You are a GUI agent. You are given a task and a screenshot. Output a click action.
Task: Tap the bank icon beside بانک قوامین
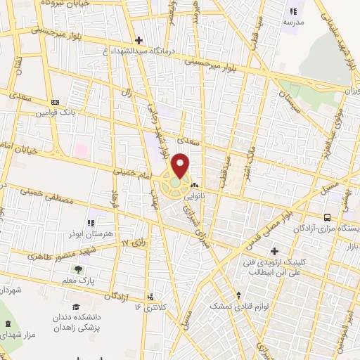56,102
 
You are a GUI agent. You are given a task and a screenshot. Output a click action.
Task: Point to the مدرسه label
293,22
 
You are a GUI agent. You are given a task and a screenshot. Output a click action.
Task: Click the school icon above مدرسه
293,11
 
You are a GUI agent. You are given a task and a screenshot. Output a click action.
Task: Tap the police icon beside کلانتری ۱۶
150,297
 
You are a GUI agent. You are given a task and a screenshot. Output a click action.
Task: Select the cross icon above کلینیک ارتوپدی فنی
274,251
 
